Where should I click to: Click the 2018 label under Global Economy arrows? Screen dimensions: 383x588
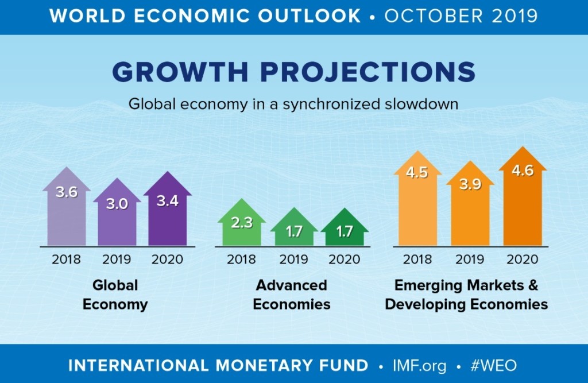[x=67, y=260]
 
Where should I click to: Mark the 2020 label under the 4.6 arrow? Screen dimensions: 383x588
[x=523, y=260]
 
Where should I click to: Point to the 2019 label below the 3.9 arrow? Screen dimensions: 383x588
[x=470, y=260]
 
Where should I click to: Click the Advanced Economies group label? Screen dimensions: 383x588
[x=292, y=295]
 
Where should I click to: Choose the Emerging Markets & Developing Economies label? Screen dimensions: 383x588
[x=466, y=295]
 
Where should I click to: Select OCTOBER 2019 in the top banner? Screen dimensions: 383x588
[x=461, y=16]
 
